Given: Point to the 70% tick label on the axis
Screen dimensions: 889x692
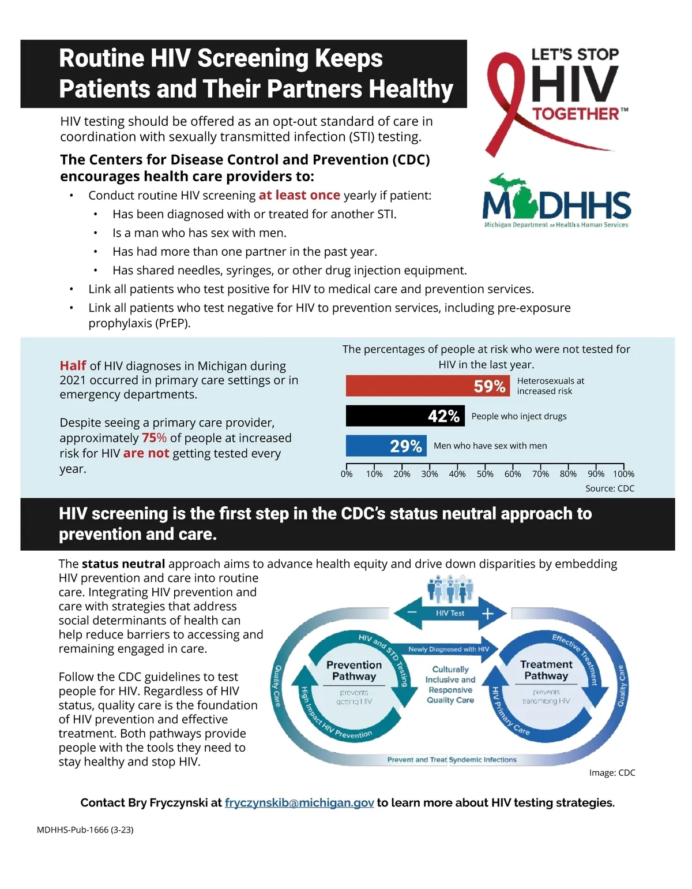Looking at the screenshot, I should click(x=540, y=474).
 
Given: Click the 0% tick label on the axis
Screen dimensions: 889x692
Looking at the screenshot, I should click(x=347, y=474).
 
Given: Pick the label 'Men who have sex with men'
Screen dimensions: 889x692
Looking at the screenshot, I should click(x=490, y=446).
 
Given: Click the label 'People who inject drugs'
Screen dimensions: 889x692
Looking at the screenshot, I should click(x=519, y=416).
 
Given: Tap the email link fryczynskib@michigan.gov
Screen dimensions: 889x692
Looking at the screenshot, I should click(x=299, y=802).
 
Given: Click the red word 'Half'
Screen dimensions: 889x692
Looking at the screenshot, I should click(x=73, y=365).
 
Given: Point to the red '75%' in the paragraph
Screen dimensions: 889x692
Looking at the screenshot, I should click(x=154, y=438).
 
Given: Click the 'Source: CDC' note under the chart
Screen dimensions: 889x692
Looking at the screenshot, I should click(x=610, y=488).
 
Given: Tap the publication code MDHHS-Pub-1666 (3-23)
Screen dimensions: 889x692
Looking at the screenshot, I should click(x=85, y=830).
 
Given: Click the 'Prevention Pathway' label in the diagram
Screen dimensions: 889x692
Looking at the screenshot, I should click(x=354, y=670).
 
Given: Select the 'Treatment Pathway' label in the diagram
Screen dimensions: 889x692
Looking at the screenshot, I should click(x=546, y=670).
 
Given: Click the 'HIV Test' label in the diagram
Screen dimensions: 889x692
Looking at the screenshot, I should click(x=450, y=613).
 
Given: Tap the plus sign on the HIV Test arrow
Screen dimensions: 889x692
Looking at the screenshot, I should click(x=487, y=614).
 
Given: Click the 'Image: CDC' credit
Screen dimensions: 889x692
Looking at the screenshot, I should click(x=612, y=772).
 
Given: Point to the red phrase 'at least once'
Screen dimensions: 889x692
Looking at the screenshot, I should click(x=299, y=195).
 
